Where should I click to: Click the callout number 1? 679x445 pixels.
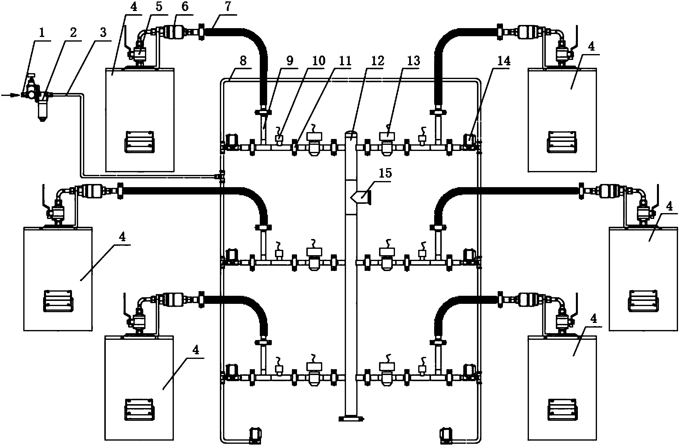pos(42,33)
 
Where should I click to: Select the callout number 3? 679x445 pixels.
pos(103,33)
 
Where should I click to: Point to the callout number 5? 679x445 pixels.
pos(159,6)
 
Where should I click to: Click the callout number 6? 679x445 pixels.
pos(185,6)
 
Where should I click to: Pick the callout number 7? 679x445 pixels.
pos(228,6)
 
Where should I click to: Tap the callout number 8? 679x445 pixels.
pos(243,61)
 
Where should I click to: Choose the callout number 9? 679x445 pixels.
pos(290,61)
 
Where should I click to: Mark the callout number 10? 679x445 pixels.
pos(319,61)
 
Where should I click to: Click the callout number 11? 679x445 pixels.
pos(344,61)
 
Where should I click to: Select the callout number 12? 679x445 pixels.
pos(377,61)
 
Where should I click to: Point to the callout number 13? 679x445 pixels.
pos(413,61)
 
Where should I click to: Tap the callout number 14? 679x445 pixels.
pos(503,61)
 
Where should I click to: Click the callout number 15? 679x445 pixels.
pos(385,173)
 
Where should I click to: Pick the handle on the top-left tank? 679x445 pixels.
pos(140,142)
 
